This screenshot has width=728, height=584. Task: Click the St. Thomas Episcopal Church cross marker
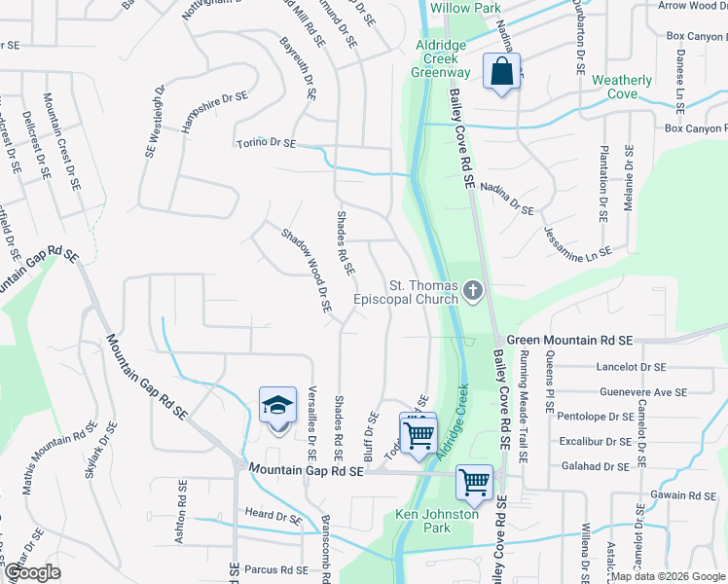point(473,291)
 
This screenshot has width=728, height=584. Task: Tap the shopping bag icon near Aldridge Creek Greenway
point(501,71)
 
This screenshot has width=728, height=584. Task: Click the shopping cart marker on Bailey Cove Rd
point(474,482)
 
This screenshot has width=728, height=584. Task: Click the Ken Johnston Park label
point(437,521)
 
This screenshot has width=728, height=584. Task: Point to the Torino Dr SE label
point(266,143)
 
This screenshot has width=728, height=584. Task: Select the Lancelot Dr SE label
point(633,367)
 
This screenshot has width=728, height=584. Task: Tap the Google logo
point(32,572)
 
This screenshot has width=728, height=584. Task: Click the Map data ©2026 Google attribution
point(667,576)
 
